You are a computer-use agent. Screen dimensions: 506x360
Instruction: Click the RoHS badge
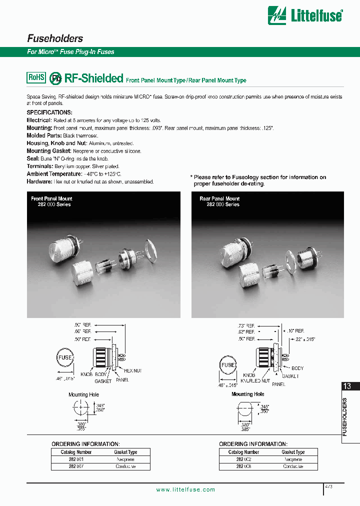tap(36, 77)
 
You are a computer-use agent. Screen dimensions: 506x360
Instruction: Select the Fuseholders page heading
tap(54, 38)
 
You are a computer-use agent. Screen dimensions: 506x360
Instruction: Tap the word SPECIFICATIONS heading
tap(49, 112)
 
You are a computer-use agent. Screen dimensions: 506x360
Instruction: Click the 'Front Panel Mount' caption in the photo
tap(51, 198)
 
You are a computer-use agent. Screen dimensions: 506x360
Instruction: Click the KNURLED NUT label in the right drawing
tap(257, 380)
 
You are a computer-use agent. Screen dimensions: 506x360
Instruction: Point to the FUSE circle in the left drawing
tap(65, 358)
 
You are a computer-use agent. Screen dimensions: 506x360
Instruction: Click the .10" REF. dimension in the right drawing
tap(296, 331)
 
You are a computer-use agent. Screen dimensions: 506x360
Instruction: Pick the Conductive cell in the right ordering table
tap(293, 466)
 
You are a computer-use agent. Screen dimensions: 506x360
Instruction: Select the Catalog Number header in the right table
tap(243, 452)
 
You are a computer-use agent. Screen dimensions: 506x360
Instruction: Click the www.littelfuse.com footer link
tap(185, 490)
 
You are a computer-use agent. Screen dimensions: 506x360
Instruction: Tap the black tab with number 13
tap(347, 386)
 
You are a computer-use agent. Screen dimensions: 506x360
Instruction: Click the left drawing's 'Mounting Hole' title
tap(83, 394)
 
